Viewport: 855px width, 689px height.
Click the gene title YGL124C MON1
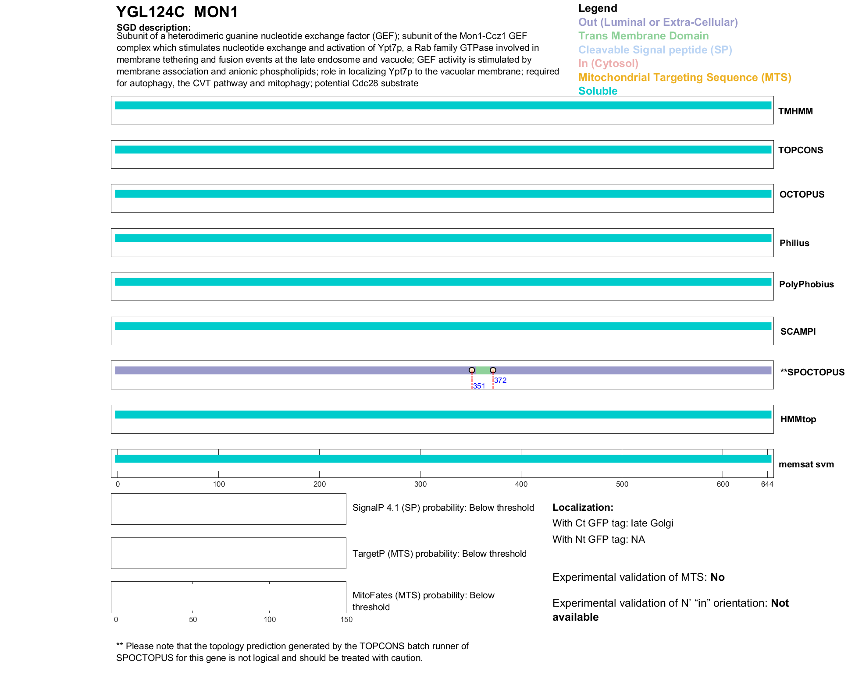[177, 12]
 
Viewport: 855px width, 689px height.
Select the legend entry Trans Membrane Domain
[643, 36]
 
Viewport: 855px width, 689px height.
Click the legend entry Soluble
[598, 91]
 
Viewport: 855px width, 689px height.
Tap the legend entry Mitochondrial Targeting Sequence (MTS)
[684, 78]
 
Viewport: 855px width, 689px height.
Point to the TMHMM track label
[795, 111]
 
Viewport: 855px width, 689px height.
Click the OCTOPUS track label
[802, 194]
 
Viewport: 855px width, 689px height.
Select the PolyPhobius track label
[806, 284]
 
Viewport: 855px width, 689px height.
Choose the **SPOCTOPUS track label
[812, 372]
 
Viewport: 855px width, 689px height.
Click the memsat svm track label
[806, 464]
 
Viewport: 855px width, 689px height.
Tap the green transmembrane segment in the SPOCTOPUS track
[482, 371]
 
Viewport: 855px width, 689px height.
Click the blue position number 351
[479, 386]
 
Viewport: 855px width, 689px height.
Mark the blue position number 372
[500, 380]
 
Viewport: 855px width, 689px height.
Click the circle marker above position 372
[493, 370]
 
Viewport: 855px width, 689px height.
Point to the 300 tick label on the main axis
[420, 484]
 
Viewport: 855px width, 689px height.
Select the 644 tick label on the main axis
[767, 484]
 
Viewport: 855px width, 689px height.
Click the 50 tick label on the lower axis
[193, 619]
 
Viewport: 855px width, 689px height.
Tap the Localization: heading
[582, 507]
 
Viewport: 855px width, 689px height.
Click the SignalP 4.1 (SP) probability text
[443, 508]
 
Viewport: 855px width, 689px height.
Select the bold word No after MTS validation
[717, 577]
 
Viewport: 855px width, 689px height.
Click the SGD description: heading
[153, 28]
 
